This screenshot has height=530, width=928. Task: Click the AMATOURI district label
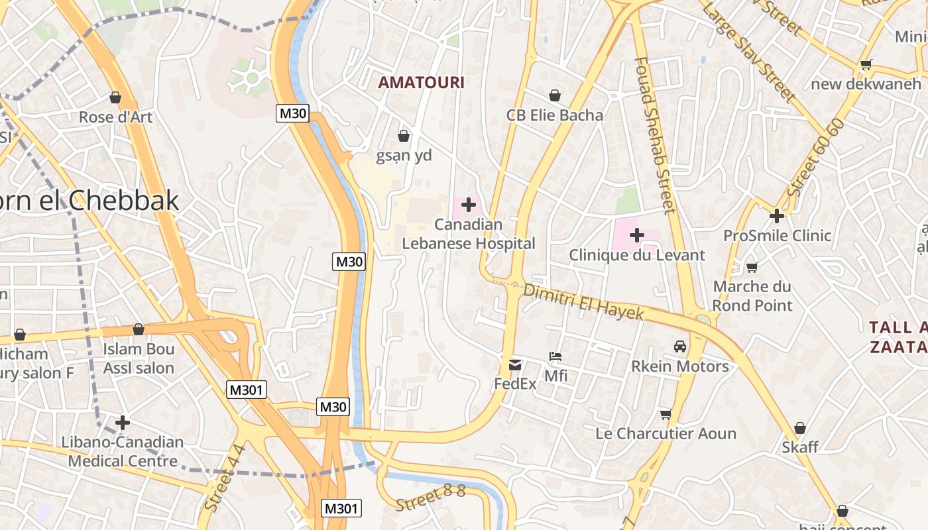click(421, 83)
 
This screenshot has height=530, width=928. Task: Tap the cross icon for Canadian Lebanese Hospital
click(469, 205)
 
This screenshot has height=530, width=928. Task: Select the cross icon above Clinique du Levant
click(637, 235)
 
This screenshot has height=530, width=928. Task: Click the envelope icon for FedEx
click(515, 364)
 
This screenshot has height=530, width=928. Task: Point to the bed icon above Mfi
click(555, 357)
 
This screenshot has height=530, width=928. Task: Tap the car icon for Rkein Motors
click(680, 346)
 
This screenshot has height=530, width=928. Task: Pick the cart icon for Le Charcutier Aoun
click(666, 415)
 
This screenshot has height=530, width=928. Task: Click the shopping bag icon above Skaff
click(800, 428)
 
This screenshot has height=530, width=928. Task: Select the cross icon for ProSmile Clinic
click(777, 216)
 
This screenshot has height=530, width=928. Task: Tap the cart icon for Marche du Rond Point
click(752, 268)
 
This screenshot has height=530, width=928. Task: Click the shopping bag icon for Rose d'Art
click(115, 97)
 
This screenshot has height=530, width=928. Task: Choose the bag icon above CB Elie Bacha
click(554, 95)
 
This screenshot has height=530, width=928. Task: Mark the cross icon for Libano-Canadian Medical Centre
click(122, 422)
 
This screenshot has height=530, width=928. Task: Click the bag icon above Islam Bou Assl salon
click(139, 329)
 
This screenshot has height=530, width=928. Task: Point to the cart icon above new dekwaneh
click(866, 65)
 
